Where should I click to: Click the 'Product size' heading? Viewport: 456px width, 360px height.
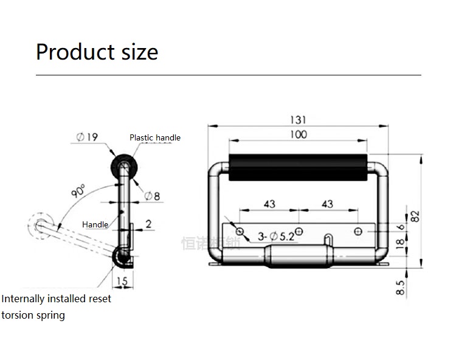pos(97,52)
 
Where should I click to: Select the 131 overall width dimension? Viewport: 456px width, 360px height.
pos(298,120)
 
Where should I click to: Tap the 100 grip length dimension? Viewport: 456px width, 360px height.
pos(298,134)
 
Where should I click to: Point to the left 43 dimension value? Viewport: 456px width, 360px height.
pos(269,204)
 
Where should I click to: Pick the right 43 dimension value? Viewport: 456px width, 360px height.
pos(327,204)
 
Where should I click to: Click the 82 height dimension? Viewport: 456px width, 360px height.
pos(415,216)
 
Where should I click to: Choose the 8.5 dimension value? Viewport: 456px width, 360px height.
pos(400,288)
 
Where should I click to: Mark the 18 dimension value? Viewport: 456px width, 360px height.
pos(400,245)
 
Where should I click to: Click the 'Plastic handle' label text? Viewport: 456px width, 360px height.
pos(155,137)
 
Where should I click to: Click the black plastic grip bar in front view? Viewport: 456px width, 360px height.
pos(298,168)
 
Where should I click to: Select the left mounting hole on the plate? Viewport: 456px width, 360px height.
pos(240,231)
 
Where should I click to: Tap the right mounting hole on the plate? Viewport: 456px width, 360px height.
pos(358,231)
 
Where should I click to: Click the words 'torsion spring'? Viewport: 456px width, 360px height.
pos(33,315)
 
